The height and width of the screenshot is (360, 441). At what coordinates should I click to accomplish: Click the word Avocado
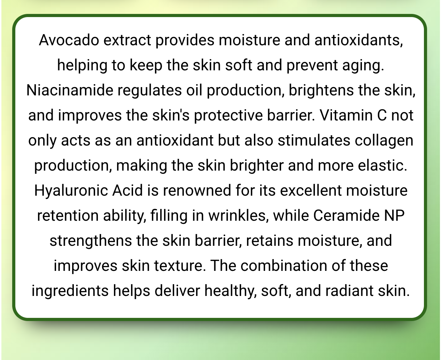[x=69, y=40]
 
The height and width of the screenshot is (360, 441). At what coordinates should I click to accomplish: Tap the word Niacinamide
[x=70, y=90]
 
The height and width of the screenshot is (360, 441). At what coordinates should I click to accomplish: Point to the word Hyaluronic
[x=71, y=190]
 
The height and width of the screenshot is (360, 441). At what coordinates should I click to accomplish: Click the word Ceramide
[x=346, y=216]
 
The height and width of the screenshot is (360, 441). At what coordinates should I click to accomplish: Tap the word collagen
[x=384, y=140]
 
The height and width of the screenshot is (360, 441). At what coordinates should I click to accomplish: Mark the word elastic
[x=382, y=165]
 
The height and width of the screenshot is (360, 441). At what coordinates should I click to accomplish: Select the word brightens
[x=321, y=90]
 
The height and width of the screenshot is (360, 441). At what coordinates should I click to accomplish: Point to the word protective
[x=229, y=115]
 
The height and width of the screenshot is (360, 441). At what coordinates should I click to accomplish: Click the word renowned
[x=197, y=190]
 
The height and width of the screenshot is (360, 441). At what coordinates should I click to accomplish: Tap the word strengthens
[x=91, y=241]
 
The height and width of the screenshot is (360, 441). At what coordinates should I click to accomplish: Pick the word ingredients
[x=70, y=291]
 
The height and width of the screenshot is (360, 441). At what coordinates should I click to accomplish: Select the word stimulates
[x=314, y=140]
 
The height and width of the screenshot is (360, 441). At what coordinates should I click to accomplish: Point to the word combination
[x=284, y=266]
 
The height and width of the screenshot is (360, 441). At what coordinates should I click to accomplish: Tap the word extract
[x=127, y=40]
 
